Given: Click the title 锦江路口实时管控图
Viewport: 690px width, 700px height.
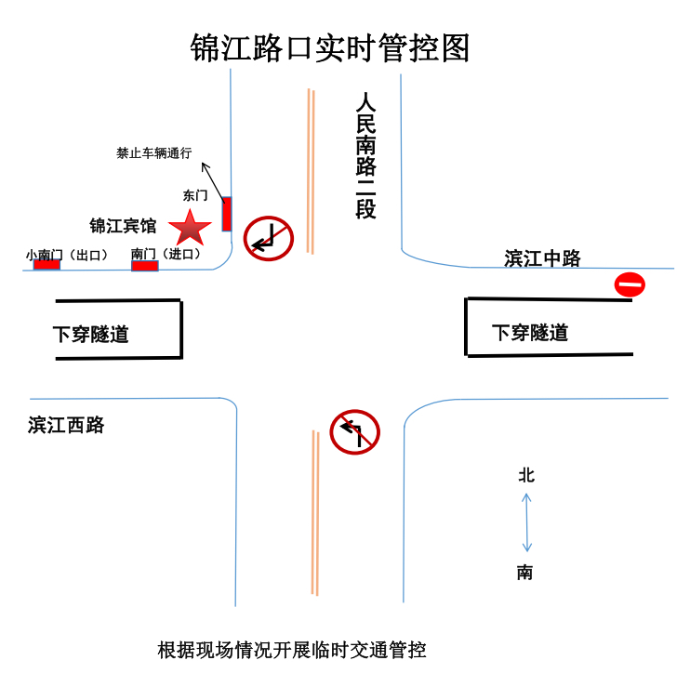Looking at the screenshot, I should click(x=330, y=47).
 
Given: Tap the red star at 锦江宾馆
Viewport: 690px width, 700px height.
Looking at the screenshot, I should click(x=190, y=227).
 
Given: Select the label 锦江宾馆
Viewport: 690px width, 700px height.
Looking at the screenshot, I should click(x=122, y=226).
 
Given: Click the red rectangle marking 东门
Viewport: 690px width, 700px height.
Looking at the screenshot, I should click(x=226, y=213).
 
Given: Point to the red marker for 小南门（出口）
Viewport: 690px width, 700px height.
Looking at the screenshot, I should click(x=46, y=265).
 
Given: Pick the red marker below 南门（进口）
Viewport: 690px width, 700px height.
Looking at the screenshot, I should click(x=144, y=267).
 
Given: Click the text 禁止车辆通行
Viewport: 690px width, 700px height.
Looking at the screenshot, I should click(x=153, y=153).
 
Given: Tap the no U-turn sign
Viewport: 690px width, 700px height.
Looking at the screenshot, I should click(x=269, y=238).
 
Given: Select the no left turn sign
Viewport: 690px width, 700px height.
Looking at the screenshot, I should click(x=355, y=432).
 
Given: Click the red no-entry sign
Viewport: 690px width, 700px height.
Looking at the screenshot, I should click(x=630, y=284).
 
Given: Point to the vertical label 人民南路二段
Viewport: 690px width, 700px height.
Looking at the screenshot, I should click(x=365, y=154).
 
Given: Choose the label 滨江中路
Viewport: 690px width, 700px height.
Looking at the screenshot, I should click(x=542, y=258).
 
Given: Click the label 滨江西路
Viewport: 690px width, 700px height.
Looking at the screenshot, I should click(x=66, y=426).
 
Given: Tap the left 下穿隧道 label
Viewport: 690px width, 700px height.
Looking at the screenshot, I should click(x=90, y=334).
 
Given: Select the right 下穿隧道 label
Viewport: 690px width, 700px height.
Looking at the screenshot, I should click(x=529, y=332).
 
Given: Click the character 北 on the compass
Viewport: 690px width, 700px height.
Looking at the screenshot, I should click(x=526, y=475).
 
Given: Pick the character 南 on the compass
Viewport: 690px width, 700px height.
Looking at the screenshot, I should click(x=525, y=573).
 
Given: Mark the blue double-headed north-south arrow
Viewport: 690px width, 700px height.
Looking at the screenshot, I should click(x=526, y=522).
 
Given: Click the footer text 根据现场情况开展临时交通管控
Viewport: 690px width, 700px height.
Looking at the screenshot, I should click(x=291, y=650).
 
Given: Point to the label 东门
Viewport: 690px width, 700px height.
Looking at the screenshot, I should click(x=195, y=196).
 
